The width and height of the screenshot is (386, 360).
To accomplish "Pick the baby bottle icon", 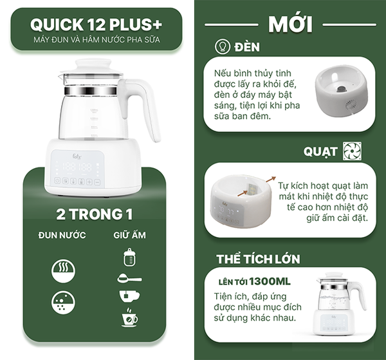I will (129, 258).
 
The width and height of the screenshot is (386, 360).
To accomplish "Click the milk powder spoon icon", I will (129, 278).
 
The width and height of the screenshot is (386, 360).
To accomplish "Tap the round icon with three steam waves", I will (62, 270).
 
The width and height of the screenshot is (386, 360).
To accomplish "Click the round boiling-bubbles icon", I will (62, 303).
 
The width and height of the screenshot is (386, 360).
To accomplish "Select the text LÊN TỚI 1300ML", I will (246, 281).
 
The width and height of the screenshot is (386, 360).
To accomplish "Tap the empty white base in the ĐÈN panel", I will (341, 94).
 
